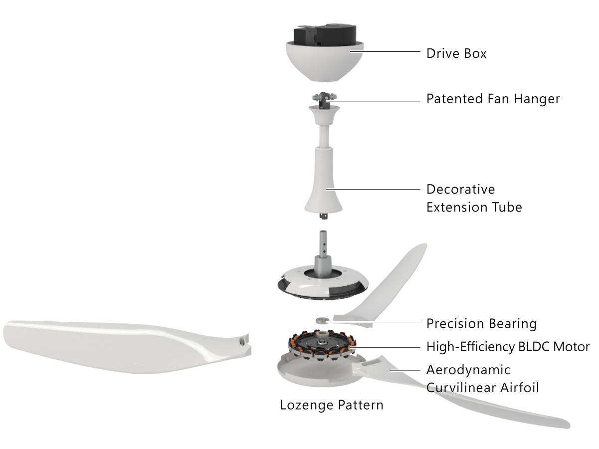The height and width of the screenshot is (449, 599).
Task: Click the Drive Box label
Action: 456,53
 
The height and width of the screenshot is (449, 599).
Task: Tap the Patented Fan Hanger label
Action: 493,99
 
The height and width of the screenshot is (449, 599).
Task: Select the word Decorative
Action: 461,189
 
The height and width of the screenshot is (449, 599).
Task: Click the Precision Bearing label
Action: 481,324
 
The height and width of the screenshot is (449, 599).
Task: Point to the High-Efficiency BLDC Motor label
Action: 508,347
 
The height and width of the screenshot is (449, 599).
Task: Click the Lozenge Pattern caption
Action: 332,405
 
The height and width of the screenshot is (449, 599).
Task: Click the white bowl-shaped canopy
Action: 325,61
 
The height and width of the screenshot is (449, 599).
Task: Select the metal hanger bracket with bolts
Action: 324,100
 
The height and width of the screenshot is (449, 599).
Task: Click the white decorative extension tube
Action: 324,161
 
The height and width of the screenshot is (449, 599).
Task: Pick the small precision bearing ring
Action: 322,320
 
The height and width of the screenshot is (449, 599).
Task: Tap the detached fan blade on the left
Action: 127,347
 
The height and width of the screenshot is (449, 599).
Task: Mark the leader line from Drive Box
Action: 385,51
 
